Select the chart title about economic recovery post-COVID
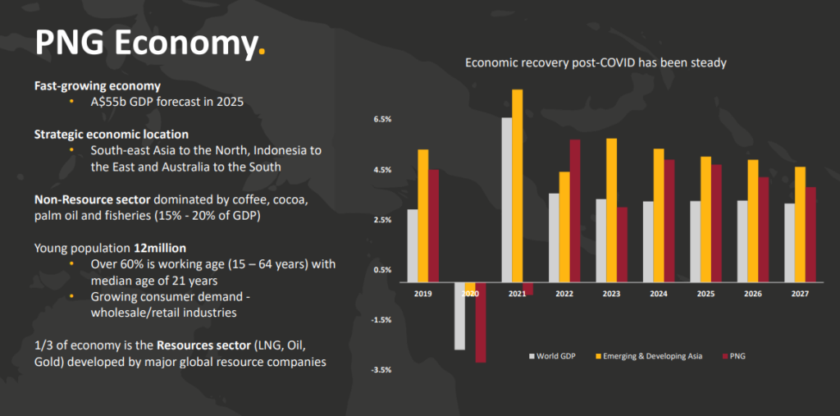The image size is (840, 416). (596, 62)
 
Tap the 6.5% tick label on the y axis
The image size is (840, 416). (383, 120)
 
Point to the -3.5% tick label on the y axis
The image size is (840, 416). (382, 370)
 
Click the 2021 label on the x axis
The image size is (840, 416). (517, 294)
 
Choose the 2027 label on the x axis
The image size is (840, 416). (800, 294)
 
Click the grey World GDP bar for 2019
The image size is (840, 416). (413, 245)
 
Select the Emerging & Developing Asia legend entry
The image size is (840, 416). (648, 356)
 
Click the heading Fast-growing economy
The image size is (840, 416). (97, 85)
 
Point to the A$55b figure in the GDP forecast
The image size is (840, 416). (110, 103)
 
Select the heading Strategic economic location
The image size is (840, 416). (111, 134)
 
